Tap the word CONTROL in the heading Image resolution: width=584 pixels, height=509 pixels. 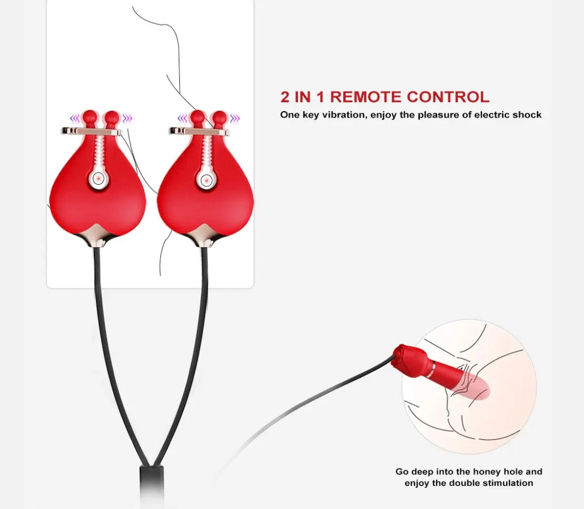click(448, 97)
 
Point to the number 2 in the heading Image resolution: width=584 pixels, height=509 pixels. click(285, 97)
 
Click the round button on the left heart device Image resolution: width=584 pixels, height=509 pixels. click(98, 179)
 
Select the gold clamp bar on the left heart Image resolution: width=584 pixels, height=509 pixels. click(91, 131)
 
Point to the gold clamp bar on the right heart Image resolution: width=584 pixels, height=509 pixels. click(199, 131)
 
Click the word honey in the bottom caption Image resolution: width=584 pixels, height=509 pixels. click(487, 472)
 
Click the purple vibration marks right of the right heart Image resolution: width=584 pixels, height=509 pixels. click(235, 118)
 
